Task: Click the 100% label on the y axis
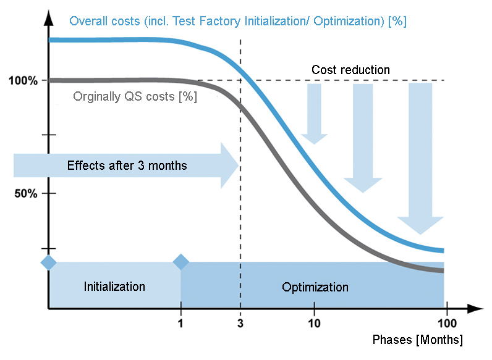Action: (x=23, y=81)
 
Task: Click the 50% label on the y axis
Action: (x=26, y=193)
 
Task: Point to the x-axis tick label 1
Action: (x=180, y=322)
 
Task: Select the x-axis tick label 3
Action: (x=240, y=322)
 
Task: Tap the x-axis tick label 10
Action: (x=314, y=322)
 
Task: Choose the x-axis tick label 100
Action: (x=446, y=322)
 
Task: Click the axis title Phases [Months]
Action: (x=417, y=340)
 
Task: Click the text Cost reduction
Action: (x=350, y=70)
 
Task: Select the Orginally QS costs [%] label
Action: (x=135, y=96)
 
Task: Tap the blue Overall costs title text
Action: (x=237, y=22)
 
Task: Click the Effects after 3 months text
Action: (x=127, y=165)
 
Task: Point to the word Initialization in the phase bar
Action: (x=114, y=287)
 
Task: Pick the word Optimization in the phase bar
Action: (x=315, y=287)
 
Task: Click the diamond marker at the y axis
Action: (x=48, y=262)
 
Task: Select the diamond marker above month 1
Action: (x=181, y=262)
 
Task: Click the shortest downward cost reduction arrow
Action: (x=314, y=114)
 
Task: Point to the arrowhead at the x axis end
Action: (x=476, y=308)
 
